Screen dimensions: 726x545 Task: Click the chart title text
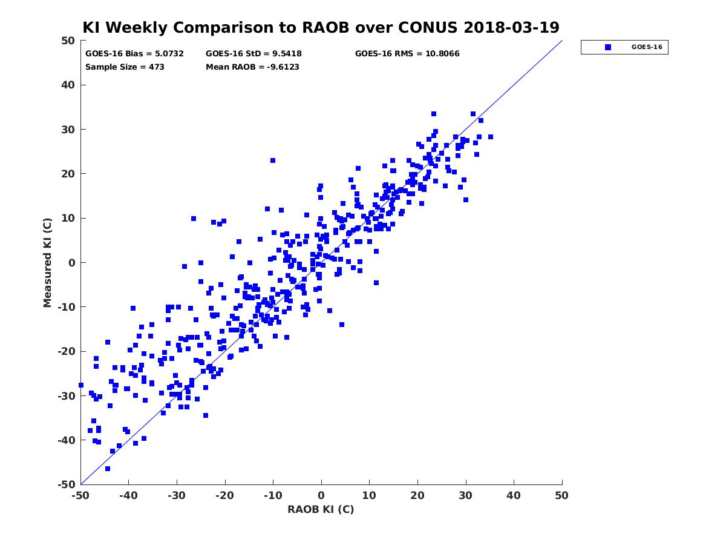pyautogui.click(x=321, y=27)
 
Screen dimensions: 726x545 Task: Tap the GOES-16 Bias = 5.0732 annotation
pyautogui.click(x=134, y=54)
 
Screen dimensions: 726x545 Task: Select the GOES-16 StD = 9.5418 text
pyautogui.click(x=253, y=54)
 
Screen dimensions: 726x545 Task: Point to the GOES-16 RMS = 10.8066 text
pyautogui.click(x=407, y=54)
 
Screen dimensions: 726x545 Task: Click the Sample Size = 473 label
pyautogui.click(x=125, y=67)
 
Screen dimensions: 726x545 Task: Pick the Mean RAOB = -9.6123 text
pyautogui.click(x=252, y=67)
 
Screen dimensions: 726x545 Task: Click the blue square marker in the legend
pyautogui.click(x=607, y=47)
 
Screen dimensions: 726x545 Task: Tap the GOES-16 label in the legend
pyautogui.click(x=647, y=47)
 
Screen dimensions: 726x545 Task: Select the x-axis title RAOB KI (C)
pyautogui.click(x=321, y=509)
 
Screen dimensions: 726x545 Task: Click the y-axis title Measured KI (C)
pyautogui.click(x=48, y=262)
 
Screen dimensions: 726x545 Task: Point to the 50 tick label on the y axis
pyautogui.click(x=68, y=41)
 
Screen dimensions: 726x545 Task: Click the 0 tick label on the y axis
pyautogui.click(x=72, y=263)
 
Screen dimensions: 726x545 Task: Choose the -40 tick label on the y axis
pyautogui.click(x=67, y=440)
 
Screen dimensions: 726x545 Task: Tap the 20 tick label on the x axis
pyautogui.click(x=417, y=495)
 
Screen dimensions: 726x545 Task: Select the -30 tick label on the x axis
pyautogui.click(x=176, y=495)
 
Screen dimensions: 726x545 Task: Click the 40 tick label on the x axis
pyautogui.click(x=513, y=495)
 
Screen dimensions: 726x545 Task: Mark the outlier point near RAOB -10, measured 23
pyautogui.click(x=273, y=160)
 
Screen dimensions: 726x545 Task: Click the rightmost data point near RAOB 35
pyautogui.click(x=491, y=137)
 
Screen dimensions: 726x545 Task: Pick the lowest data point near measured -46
pyautogui.click(x=108, y=469)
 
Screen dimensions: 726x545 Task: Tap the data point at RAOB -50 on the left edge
pyautogui.click(x=81, y=385)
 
